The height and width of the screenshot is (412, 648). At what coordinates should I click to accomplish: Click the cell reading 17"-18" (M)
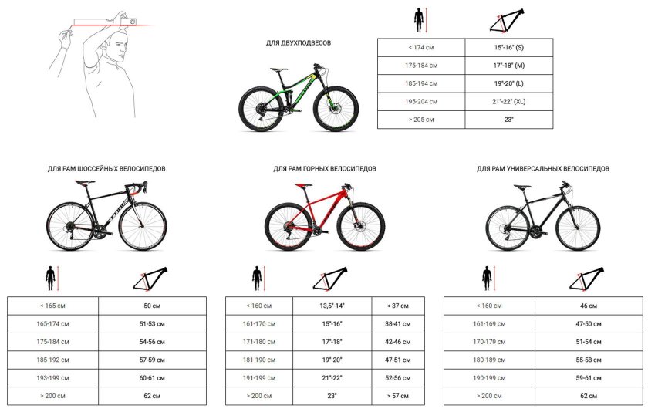[x=508, y=66]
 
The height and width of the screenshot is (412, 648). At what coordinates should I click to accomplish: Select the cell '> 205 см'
[x=421, y=120]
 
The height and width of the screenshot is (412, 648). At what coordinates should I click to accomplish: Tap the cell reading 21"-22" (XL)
[x=508, y=101]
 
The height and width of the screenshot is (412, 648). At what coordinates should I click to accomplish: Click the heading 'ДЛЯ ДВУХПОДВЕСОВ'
[x=299, y=42]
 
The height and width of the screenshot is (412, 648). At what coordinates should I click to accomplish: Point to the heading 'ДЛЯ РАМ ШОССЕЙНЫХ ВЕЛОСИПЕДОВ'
[x=106, y=169]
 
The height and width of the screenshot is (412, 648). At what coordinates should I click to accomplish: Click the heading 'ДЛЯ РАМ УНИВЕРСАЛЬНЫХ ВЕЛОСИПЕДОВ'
[x=542, y=169]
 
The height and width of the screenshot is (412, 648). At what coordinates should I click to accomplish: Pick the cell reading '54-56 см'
[x=152, y=342]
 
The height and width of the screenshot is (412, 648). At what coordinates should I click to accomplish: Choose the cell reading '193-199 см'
[x=52, y=378]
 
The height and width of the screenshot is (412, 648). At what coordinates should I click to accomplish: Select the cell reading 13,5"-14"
[x=332, y=306]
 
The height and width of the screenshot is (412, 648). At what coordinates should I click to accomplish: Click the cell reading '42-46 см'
[x=398, y=342]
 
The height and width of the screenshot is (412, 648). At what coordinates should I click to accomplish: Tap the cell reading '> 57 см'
[x=398, y=396]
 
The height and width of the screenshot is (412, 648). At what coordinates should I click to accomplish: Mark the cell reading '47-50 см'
[x=589, y=323]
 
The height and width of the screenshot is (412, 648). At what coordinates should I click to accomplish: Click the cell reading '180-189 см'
[x=489, y=360]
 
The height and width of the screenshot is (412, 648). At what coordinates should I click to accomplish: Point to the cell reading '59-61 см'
[x=589, y=378]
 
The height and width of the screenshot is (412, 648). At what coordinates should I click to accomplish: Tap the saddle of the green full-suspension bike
[x=279, y=69]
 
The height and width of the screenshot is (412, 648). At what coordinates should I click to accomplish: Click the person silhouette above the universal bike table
[x=487, y=278]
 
